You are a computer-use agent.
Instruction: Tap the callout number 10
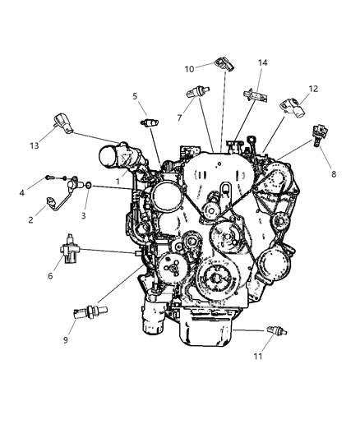(188, 69)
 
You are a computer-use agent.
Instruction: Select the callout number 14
(263, 62)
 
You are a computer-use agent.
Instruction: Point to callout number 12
(312, 88)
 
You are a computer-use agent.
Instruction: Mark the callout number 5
(134, 96)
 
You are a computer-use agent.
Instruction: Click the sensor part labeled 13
(64, 122)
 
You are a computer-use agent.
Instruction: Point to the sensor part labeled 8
(318, 136)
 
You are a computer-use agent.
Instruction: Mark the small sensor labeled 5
(149, 122)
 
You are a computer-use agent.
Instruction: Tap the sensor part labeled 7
(196, 92)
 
